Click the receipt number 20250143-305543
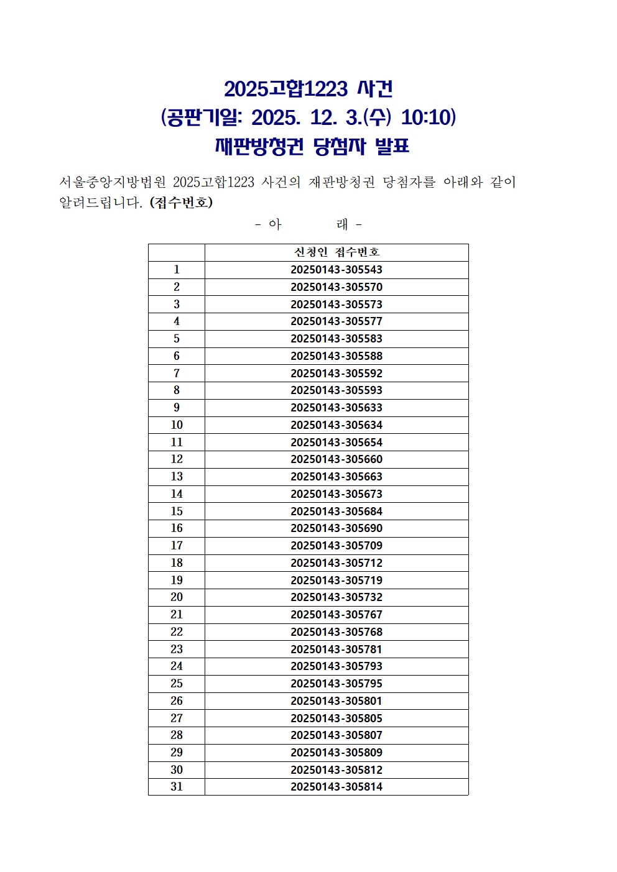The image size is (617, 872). pos(336,270)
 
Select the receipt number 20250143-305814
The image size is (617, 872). pos(336,787)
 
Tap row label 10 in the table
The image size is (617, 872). pos(177,425)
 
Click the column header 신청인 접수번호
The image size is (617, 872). pos(336,252)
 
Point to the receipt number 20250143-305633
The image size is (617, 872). pos(336,408)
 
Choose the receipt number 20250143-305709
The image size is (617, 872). pos(336,546)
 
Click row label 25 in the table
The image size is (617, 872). pos(177,684)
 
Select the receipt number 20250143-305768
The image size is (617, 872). pos(336,632)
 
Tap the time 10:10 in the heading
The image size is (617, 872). pos(429,117)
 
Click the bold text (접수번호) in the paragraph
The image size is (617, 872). pos(181,203)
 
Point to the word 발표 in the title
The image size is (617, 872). pos(392,147)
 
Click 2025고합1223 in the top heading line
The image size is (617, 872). pos(285,89)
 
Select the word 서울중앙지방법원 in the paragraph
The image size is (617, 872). pos(113,182)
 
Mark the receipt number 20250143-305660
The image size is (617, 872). pos(336,459)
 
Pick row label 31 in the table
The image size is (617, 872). pos(177,787)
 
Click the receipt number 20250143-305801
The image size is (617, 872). pos(336,701)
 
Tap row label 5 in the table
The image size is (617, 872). pos(177,339)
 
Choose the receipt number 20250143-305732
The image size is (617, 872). pos(336,597)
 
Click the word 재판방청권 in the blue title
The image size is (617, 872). pos(259,147)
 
